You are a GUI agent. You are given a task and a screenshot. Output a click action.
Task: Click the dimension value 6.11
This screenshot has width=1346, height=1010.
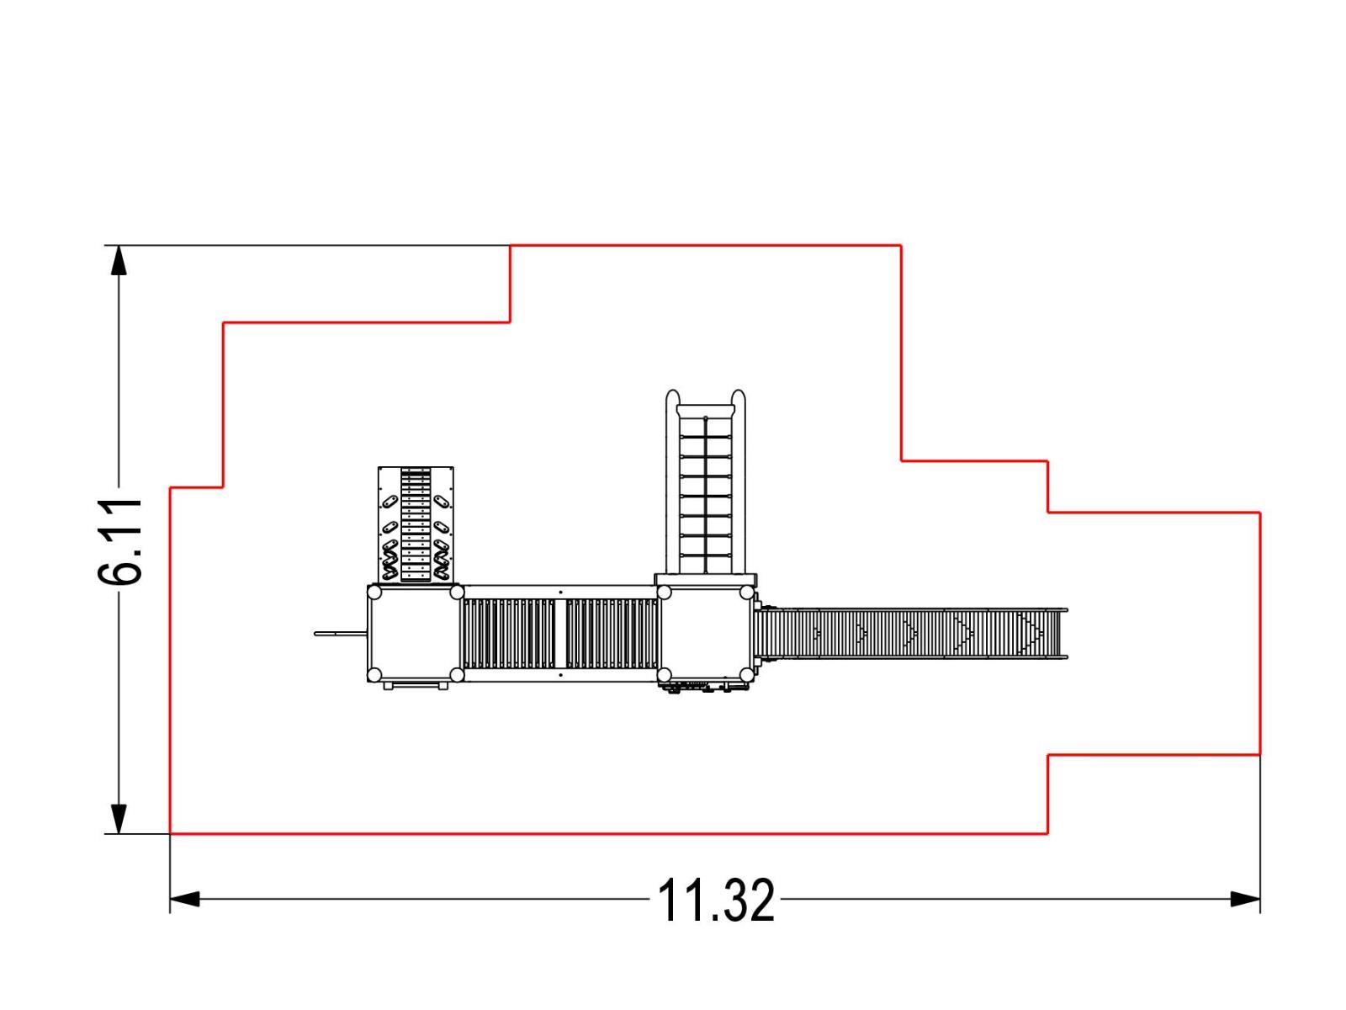120,541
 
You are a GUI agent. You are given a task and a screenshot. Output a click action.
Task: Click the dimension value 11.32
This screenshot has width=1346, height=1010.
715,901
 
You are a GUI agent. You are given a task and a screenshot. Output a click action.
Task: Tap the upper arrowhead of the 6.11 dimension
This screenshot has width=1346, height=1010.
119,260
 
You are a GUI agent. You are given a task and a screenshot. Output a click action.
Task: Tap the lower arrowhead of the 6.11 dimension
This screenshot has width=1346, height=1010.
119,819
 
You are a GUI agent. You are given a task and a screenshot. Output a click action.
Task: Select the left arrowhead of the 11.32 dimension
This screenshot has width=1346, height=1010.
184,900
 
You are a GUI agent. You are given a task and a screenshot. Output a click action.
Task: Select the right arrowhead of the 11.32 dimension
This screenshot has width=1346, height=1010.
1245,900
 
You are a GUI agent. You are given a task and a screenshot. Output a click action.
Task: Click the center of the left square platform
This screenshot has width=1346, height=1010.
415,634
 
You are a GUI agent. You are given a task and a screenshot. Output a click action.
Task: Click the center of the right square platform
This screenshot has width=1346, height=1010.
705,634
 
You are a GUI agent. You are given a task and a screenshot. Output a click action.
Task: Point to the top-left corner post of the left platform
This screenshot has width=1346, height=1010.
374,593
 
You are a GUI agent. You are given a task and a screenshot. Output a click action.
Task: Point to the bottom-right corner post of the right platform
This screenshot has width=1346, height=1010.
746,674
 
